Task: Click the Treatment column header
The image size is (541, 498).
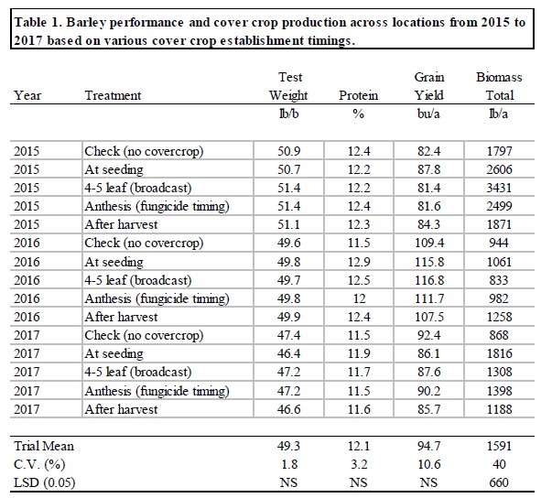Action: [x=113, y=95]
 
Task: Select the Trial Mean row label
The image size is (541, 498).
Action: [x=44, y=446]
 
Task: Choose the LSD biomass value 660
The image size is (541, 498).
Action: [x=500, y=482]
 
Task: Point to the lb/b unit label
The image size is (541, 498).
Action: [x=288, y=114]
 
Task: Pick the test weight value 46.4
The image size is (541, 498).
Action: [x=288, y=353]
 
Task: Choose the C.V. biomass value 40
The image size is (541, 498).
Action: [x=500, y=464]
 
